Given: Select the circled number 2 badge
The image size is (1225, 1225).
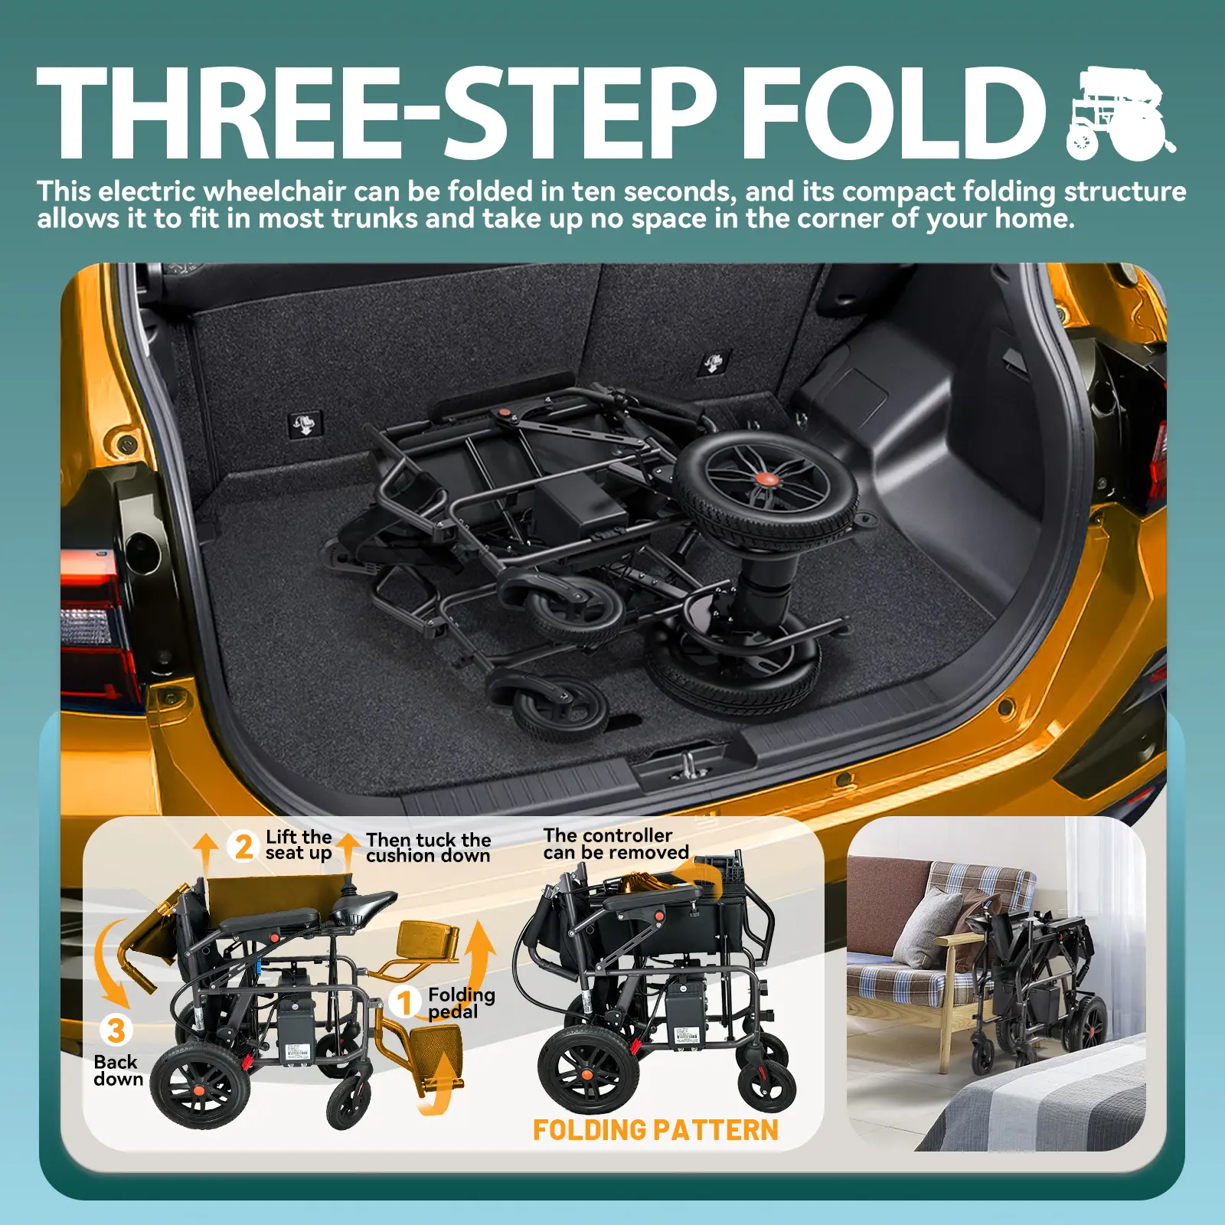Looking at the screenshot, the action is click(x=243, y=847).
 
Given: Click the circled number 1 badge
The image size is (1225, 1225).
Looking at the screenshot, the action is click(x=406, y=1002).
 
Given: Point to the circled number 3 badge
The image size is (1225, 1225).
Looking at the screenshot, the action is click(x=116, y=1031).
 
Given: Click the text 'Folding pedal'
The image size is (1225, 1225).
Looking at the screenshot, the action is click(x=461, y=1003).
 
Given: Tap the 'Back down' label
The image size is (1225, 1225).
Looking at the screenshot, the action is click(x=118, y=1070).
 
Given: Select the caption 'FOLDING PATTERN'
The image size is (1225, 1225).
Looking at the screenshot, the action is click(x=655, y=1130).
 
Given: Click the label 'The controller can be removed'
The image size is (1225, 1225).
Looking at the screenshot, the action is click(x=616, y=844).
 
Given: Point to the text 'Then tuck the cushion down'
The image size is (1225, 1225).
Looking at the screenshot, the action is click(x=428, y=848).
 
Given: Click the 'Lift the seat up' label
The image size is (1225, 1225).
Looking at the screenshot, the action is click(x=299, y=845).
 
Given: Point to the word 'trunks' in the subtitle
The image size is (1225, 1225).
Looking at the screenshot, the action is click(x=374, y=219).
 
